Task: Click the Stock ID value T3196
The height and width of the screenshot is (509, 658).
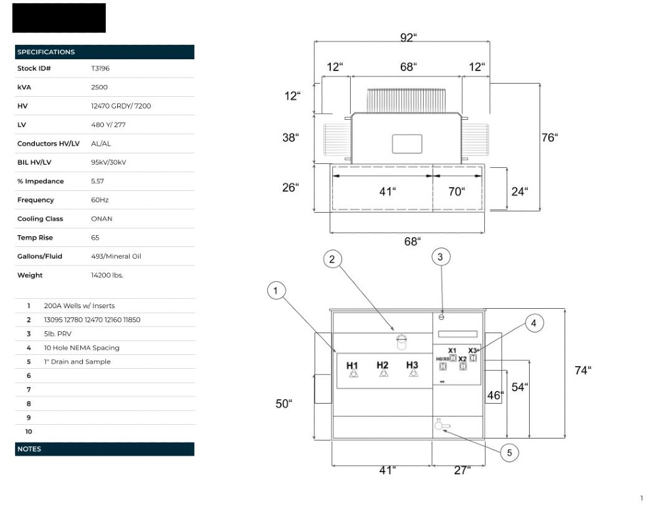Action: (x=100, y=68)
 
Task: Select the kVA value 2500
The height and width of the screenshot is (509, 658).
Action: (x=99, y=88)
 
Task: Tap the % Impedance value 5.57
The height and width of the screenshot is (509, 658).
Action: (x=97, y=181)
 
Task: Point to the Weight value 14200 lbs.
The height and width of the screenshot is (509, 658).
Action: (x=107, y=275)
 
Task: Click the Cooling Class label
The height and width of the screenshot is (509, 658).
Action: (x=40, y=219)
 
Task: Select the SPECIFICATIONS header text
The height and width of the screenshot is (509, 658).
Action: (x=46, y=52)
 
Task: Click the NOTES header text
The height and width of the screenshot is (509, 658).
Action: (x=29, y=449)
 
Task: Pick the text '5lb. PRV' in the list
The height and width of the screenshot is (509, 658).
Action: (x=57, y=334)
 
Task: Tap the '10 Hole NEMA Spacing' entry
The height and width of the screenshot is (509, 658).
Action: (x=82, y=348)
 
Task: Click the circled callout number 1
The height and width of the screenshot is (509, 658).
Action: (x=276, y=290)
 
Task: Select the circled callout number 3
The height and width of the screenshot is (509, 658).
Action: (x=441, y=257)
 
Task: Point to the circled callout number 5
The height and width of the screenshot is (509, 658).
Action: (x=509, y=453)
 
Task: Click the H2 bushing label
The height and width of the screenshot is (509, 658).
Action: (x=382, y=365)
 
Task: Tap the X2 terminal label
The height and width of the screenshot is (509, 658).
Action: (x=463, y=359)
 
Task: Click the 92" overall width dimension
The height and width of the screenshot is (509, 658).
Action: (x=409, y=38)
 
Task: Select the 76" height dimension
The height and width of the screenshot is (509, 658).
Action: (x=549, y=138)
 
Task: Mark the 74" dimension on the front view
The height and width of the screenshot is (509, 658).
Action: (x=583, y=370)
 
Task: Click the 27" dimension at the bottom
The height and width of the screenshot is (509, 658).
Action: (x=462, y=470)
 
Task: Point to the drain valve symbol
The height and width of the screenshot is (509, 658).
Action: (x=442, y=425)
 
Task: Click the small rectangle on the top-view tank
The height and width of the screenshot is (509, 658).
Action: (x=407, y=144)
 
